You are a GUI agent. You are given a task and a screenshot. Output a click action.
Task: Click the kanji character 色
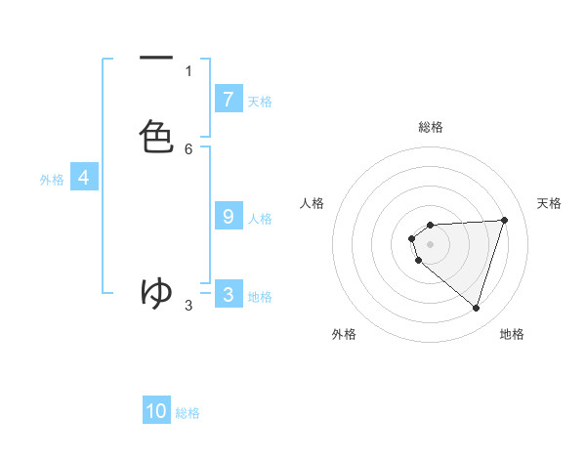(156, 137)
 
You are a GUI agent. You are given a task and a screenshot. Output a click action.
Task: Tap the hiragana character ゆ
(156, 291)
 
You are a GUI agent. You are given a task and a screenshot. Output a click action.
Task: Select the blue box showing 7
(228, 99)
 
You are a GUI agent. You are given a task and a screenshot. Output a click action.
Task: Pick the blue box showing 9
(228, 217)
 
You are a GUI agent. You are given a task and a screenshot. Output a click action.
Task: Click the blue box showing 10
(156, 411)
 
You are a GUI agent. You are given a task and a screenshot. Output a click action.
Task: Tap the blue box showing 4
(84, 178)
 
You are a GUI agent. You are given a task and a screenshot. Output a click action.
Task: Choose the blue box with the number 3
(228, 295)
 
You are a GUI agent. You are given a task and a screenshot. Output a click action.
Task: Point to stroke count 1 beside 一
(188, 70)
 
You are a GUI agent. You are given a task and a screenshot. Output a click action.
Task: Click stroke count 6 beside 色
(188, 148)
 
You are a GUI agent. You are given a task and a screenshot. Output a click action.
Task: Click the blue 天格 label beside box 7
(260, 101)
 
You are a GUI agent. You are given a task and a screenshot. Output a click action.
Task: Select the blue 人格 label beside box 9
(260, 219)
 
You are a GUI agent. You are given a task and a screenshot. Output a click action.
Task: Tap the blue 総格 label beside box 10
(188, 413)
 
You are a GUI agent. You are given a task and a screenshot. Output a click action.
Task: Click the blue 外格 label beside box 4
(52, 180)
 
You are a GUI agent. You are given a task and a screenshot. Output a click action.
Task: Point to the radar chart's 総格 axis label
(430, 127)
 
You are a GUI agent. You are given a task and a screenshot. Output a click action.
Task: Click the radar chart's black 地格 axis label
(512, 334)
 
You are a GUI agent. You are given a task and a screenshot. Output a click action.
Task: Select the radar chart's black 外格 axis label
(344, 334)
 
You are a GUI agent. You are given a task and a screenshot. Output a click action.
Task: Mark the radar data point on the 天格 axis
(504, 220)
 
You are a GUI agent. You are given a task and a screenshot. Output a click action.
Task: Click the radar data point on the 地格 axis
(476, 308)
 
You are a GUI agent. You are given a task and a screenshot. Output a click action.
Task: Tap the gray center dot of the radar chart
(430, 243)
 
